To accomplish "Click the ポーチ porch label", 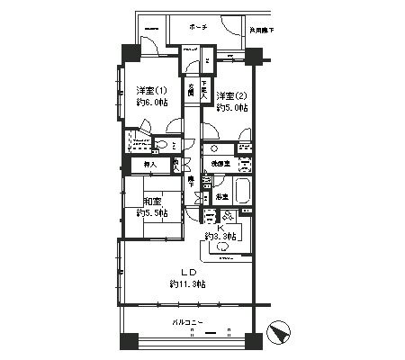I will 199,27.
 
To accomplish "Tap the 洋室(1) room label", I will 151,91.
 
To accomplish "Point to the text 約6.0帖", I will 151,103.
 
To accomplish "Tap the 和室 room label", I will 151,202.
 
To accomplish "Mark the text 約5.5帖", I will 151,213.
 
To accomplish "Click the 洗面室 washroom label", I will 220,165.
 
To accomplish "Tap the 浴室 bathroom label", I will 221,195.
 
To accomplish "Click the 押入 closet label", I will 150,165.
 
